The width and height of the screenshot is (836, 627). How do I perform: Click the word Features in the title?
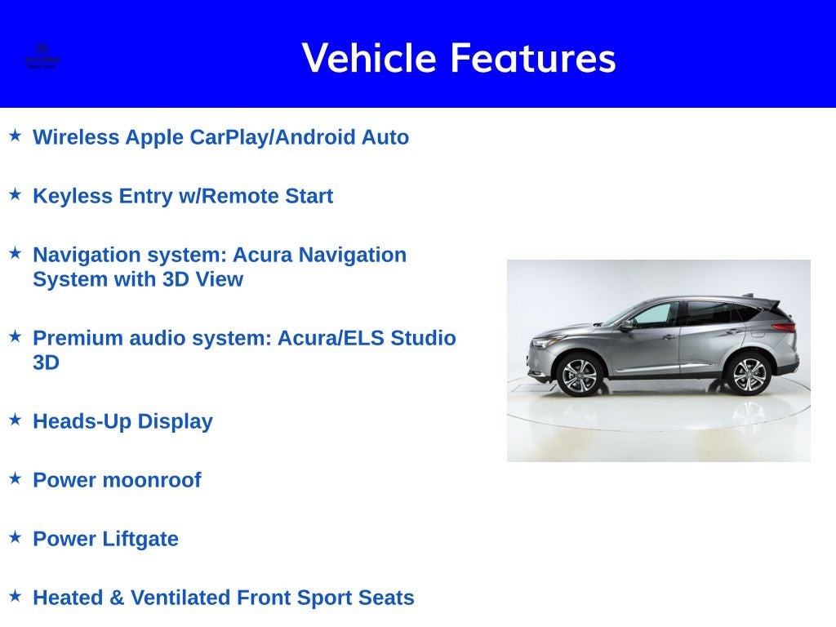532,58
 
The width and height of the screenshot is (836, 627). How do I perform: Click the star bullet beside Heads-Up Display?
15,420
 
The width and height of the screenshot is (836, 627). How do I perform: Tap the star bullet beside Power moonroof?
15,478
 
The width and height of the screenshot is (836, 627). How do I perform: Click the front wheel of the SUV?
580,375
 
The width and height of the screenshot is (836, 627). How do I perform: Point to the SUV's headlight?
543,342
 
